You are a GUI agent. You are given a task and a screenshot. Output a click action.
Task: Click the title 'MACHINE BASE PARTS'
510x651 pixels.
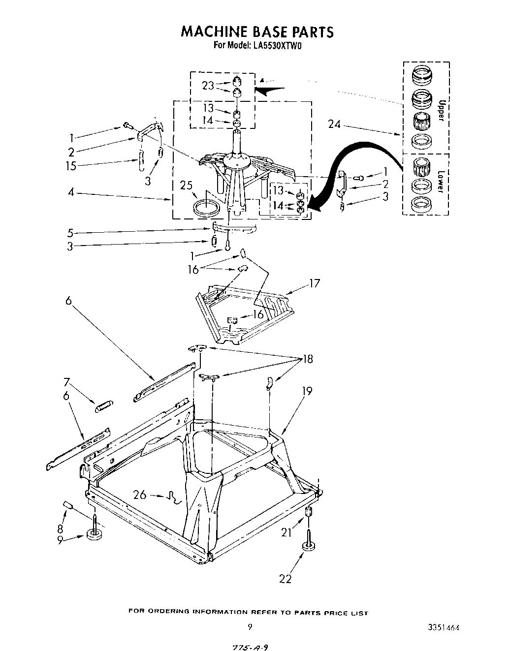[257, 32]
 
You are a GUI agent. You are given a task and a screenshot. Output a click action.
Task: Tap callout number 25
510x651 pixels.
[186, 186]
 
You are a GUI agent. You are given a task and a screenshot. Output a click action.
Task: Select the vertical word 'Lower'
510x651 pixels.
[441, 181]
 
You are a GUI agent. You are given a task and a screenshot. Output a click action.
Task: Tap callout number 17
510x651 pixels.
[315, 283]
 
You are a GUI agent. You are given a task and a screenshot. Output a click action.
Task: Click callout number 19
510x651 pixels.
[307, 391]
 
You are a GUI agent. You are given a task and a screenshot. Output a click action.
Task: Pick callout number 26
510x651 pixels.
[140, 495]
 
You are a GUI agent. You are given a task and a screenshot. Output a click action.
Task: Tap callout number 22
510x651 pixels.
[285, 579]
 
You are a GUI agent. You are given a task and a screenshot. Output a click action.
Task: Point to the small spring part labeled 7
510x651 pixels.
[104, 406]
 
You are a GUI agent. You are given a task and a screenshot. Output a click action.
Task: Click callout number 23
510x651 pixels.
[208, 85]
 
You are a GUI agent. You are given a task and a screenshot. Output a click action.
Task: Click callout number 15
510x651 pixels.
[71, 166]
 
